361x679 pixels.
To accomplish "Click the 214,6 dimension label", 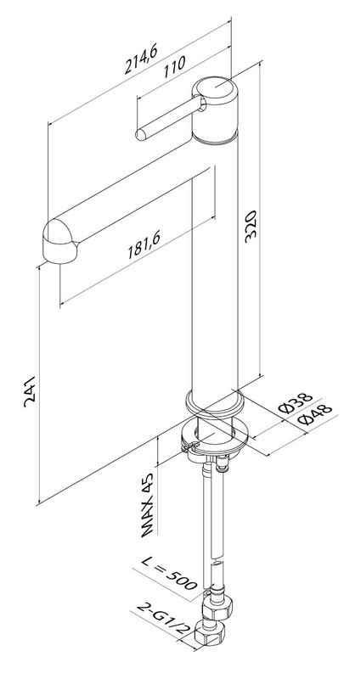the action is point(141,59).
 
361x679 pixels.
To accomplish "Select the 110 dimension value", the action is point(175,67).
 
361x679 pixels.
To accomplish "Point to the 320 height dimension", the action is point(251,226).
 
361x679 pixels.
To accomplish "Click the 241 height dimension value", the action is point(30,391).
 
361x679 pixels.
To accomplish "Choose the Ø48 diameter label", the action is point(315,415).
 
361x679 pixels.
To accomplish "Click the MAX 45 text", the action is point(147,504).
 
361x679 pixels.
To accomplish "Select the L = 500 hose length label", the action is point(170,573).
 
